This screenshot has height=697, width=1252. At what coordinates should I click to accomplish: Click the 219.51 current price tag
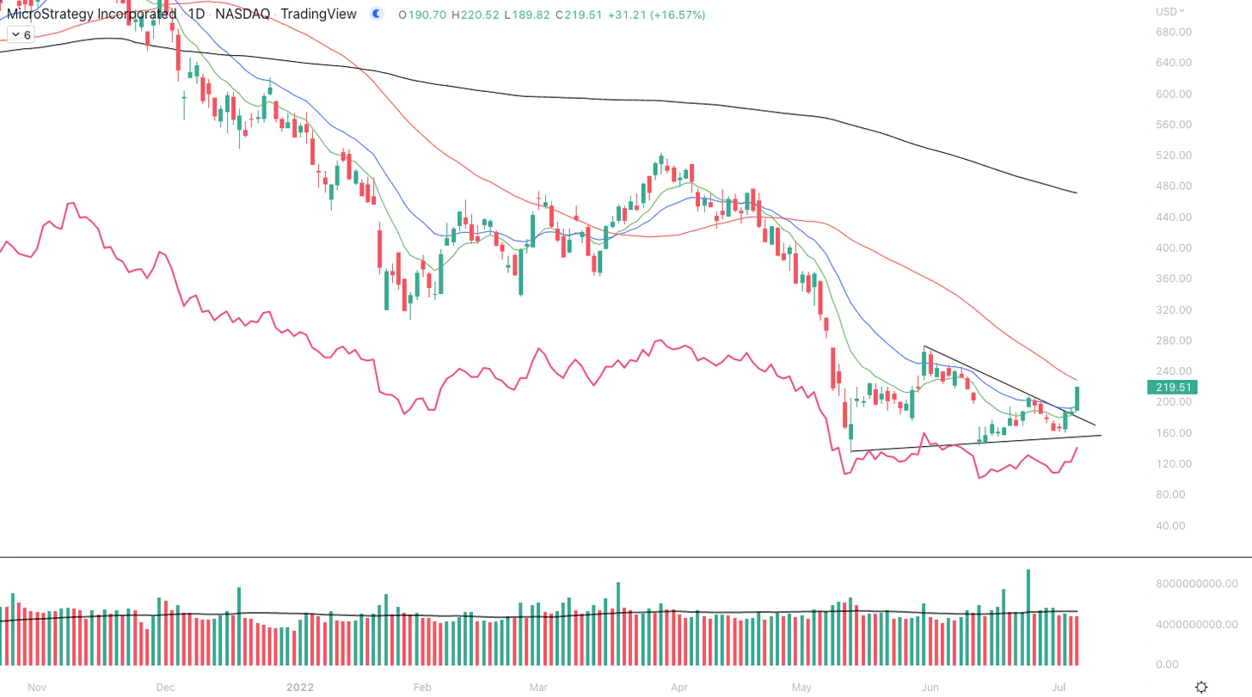(1171, 388)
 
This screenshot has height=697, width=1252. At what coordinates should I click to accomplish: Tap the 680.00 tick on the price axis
(1174, 32)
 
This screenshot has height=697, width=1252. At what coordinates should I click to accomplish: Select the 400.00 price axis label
(1174, 248)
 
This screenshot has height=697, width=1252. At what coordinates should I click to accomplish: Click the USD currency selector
(1170, 11)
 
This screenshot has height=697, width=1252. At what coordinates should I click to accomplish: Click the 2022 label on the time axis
(300, 688)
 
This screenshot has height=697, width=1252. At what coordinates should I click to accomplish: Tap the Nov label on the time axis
(36, 688)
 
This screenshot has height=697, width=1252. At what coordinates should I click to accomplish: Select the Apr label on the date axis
(679, 688)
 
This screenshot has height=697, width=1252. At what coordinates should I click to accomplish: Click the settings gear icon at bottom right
(1201, 687)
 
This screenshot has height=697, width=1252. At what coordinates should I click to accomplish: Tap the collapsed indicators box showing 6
(20, 34)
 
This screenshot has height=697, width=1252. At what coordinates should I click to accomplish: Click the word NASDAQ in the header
(242, 15)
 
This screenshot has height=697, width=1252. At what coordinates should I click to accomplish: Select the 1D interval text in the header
(197, 15)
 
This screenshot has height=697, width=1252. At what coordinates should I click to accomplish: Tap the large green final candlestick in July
(1077, 398)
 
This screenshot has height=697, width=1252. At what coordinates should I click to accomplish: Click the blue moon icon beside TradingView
(376, 14)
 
